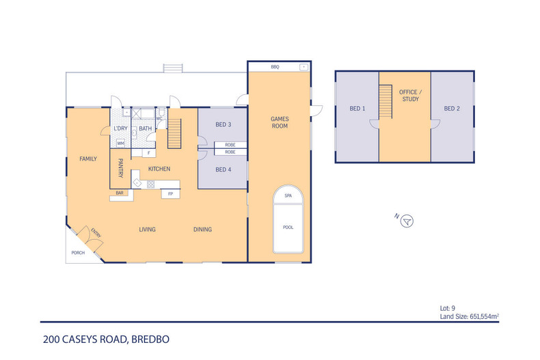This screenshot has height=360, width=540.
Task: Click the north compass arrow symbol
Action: point(407,221)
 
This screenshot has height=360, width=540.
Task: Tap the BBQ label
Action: point(275,67)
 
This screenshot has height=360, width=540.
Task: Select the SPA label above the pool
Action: point(288,195)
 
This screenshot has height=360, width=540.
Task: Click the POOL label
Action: point(288,227)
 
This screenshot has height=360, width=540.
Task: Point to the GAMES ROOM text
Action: point(280,122)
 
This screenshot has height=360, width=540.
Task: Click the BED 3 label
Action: point(223,124)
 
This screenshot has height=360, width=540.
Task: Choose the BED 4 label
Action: point(223,169)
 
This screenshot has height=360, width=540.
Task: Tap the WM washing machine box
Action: point(120,143)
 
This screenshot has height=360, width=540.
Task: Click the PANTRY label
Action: point(120,168)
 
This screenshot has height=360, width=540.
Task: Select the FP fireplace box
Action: point(170,194)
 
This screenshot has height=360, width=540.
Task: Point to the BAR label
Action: point(120,193)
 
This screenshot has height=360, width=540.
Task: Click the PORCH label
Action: point(78,253)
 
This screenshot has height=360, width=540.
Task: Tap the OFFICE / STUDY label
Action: point(411,96)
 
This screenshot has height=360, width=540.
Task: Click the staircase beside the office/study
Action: point(386,102)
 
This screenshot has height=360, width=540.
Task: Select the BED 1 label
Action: point(357,109)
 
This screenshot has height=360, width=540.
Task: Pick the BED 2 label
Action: point(452,109)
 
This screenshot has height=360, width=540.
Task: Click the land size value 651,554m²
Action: point(485,316)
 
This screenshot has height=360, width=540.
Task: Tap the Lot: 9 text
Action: point(447,308)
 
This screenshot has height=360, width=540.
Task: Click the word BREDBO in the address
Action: point(150,340)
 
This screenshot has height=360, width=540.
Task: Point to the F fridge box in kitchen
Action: point(149,153)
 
